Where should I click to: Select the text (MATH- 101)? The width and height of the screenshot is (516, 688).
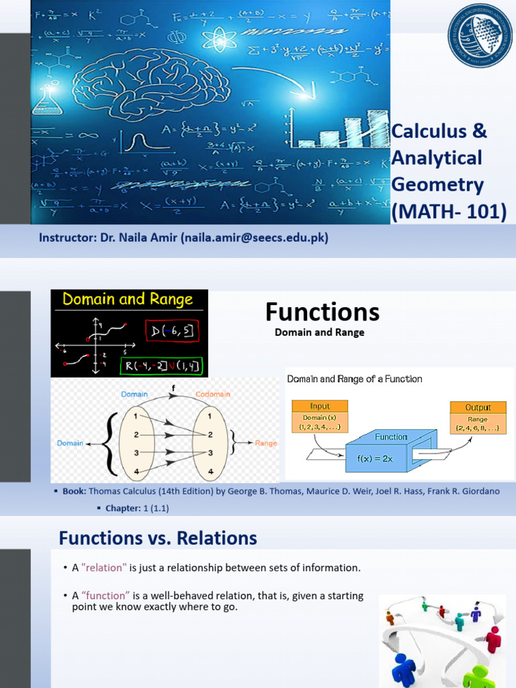click(x=449, y=211)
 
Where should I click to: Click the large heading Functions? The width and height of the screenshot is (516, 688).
click(x=322, y=312)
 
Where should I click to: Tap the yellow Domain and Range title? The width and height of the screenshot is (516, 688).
click(x=128, y=300)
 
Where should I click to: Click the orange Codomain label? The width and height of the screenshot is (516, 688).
click(x=214, y=394)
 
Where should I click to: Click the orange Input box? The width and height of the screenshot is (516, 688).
click(x=320, y=406)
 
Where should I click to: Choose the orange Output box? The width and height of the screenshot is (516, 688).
click(x=478, y=407)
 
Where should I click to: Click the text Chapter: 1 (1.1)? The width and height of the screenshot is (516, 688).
click(x=137, y=508)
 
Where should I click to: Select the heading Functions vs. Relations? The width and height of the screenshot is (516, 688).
click(x=158, y=538)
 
